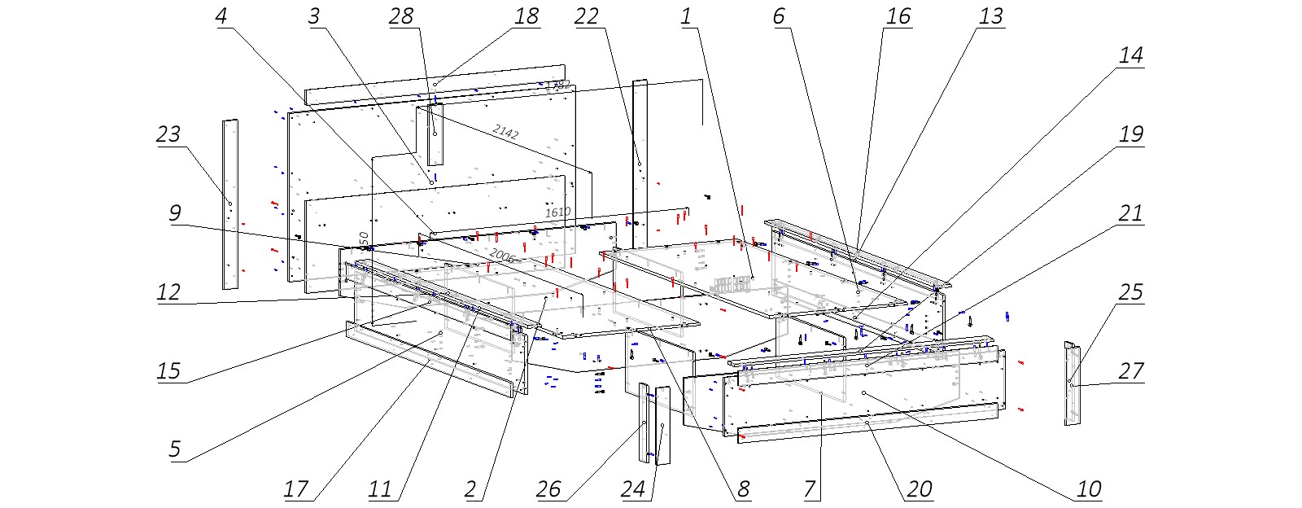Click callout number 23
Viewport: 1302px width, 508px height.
coord(168,134)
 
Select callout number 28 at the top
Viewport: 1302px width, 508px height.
coord(401,16)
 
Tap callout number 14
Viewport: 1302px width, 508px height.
coord(1131,55)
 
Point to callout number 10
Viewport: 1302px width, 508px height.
coord(1089,488)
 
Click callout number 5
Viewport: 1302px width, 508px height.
coord(174,449)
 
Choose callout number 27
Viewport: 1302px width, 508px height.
coord(1131,371)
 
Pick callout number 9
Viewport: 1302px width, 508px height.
coord(174,213)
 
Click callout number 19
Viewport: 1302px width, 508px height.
coord(1131,134)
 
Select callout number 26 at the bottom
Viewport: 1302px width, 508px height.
coord(548,488)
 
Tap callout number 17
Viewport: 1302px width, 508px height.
coord(296,488)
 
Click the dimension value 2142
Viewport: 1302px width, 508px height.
coord(505,131)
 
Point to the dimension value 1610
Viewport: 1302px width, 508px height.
coord(557,212)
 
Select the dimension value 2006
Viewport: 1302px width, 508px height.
coord(501,256)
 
